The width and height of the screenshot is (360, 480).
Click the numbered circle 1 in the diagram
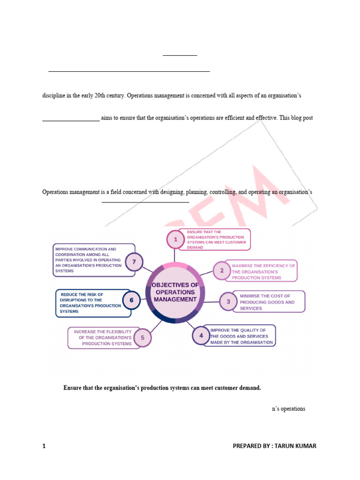pyautogui.click(x=176, y=240)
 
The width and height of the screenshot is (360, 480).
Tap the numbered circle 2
pyautogui.click(x=222, y=270)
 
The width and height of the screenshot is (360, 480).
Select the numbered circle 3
pyautogui.click(x=228, y=301)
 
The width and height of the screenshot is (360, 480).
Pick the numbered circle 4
pyautogui.click(x=201, y=335)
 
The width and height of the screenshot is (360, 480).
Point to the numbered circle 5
pyautogui.click(x=142, y=337)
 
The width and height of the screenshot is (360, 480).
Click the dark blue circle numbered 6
pyautogui.click(x=131, y=300)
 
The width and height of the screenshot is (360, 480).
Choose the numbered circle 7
pyautogui.click(x=134, y=262)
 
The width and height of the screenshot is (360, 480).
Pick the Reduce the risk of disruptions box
pyautogui.click(x=89, y=303)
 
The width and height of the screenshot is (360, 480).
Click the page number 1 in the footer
pyautogui.click(x=44, y=446)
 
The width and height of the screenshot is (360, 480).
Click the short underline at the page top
pyautogui.click(x=180, y=55)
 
